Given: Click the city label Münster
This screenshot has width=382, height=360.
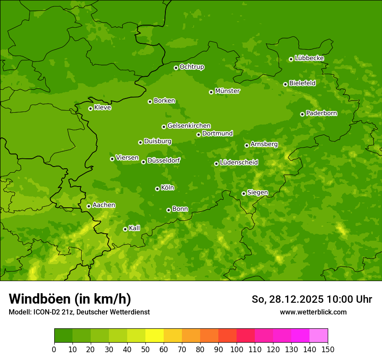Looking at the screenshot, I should pos(227,91).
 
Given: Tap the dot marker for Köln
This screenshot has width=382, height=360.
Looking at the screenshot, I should pos(157,189).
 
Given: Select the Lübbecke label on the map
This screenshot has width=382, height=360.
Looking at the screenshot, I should pos(309,58).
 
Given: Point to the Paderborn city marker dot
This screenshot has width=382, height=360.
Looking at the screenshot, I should pos(302,114).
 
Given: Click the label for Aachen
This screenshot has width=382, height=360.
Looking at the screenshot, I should pos(104,205).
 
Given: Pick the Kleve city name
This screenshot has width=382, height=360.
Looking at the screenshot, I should pos(102,108).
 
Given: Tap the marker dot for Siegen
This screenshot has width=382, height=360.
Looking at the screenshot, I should pos(244,193).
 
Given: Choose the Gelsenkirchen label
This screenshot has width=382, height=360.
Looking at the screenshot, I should pos(189,126).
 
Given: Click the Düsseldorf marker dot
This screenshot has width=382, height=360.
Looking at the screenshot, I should pos(143,162).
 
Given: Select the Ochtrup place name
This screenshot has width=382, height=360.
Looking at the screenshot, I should pos(191,67).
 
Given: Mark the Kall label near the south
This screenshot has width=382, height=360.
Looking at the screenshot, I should pos(134,228).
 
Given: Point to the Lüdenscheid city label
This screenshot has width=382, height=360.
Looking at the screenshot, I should pos(239,163).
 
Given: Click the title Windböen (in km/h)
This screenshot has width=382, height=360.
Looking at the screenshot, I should pos(70,299).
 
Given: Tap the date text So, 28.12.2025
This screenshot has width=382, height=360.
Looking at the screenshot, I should pos(287,299).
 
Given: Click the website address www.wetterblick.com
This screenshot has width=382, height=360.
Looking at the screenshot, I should pos(313,312).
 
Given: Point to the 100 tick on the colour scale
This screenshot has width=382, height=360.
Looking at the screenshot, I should pos(237,349).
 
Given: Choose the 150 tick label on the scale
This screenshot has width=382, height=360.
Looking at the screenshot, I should pos(328,349).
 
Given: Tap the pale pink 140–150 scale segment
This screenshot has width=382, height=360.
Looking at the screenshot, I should pos(319,336).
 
